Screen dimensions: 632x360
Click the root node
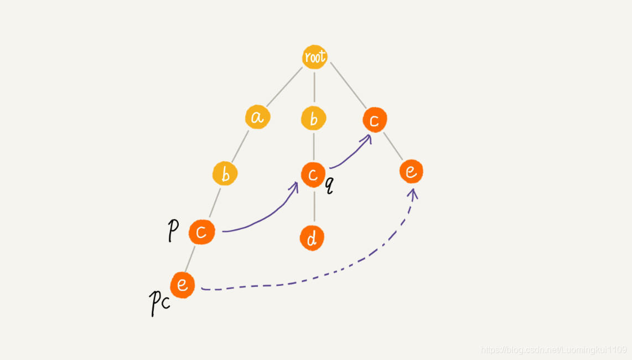pyautogui.click(x=314, y=56)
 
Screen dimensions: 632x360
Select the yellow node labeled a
pyautogui.click(x=257, y=117)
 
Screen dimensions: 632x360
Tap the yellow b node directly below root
pyautogui.click(x=314, y=119)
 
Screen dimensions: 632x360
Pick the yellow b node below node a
pyautogui.click(x=225, y=174)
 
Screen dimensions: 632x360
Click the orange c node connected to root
pyautogui.click(x=375, y=120)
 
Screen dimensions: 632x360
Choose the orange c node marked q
pyautogui.click(x=313, y=174)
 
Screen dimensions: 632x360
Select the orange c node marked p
pyautogui.click(x=201, y=232)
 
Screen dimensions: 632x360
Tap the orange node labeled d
pyautogui.click(x=312, y=238)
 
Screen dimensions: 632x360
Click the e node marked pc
pyautogui.click(x=182, y=285)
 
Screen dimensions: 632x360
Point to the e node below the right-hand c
pyautogui.click(x=411, y=172)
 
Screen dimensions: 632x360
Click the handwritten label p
pyautogui.click(x=173, y=230)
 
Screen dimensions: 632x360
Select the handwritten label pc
pyautogui.click(x=159, y=302)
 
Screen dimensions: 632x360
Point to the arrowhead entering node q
pyautogui.click(x=294, y=185)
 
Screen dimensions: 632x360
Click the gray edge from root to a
pyautogui.click(x=284, y=88)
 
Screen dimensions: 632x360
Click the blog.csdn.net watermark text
pyautogui.click(x=553, y=349)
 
